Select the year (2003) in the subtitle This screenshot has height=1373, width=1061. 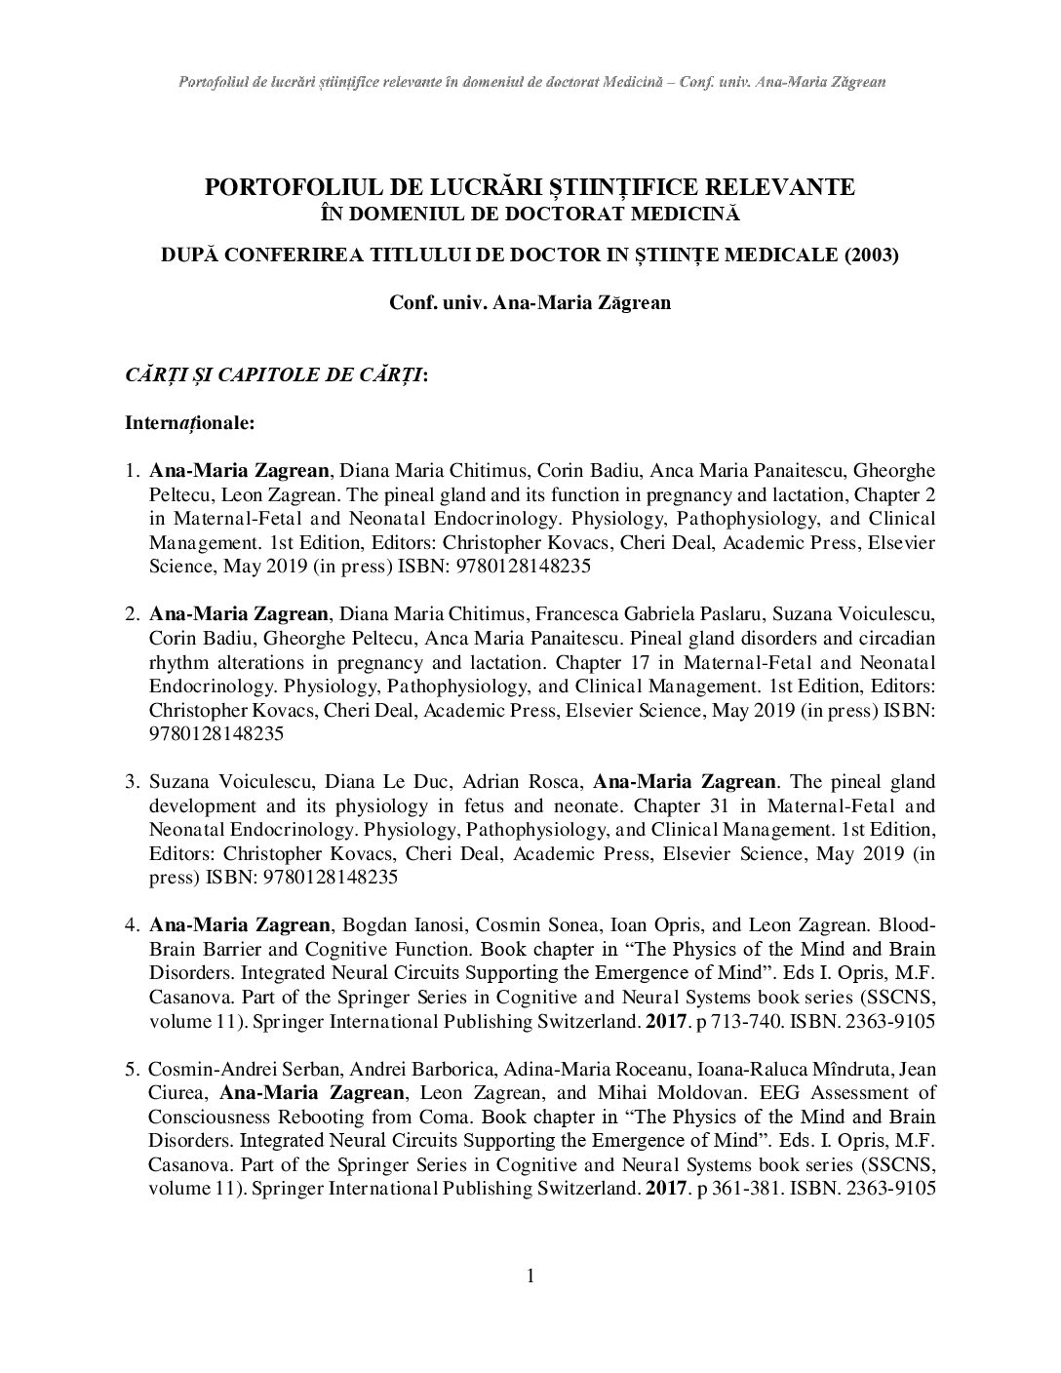[x=873, y=255]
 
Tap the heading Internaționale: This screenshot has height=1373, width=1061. [x=190, y=424]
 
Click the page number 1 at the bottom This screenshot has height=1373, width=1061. [x=530, y=1276]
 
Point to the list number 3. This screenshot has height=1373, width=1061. [x=133, y=782]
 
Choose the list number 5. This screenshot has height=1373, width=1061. [x=133, y=1069]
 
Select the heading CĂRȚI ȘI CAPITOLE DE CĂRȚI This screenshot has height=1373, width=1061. [x=274, y=375]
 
